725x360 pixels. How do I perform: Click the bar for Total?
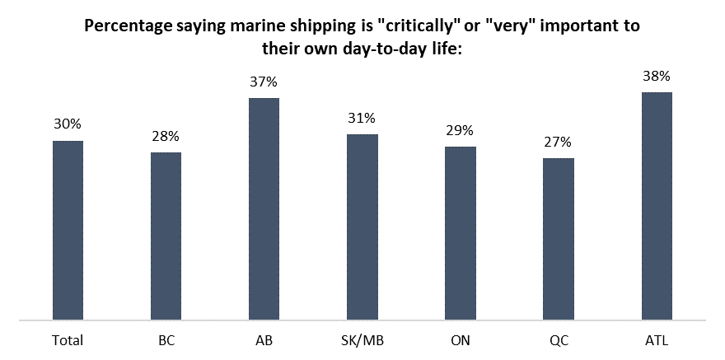click(68, 230)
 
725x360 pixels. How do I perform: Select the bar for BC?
click(166, 236)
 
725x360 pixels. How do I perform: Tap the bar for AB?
click(264, 208)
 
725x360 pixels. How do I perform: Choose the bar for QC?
click(558, 238)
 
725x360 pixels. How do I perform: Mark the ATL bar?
click(657, 205)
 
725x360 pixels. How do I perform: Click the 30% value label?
click(68, 124)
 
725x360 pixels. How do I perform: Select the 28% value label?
click(166, 136)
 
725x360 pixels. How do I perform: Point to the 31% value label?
click(362, 118)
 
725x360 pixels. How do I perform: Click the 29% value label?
click(460, 130)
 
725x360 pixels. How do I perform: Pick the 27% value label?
click(558, 142)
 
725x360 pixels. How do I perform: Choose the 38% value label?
click(657, 76)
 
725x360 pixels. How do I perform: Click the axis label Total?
click(68, 339)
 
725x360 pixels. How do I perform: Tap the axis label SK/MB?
click(362, 339)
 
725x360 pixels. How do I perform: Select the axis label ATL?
click(657, 339)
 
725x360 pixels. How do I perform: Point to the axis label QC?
click(558, 339)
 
